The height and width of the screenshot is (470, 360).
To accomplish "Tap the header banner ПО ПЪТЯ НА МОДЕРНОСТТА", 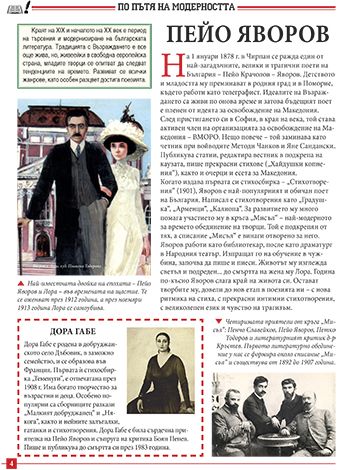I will point(180,7).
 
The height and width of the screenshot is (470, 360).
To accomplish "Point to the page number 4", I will point(9,463).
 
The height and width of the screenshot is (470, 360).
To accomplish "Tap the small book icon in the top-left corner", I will point(9,10).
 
